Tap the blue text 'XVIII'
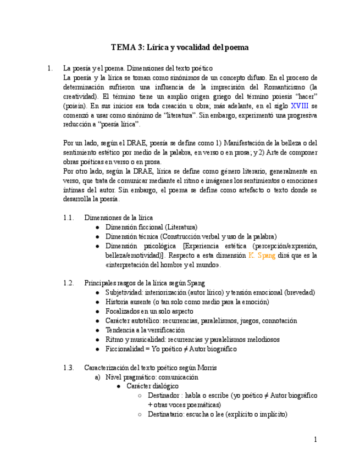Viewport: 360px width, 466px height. pyautogui.click(x=300, y=106)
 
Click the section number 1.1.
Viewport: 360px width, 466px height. pyautogui.click(x=68, y=218)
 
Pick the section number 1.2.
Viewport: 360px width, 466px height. pyautogui.click(x=68, y=283)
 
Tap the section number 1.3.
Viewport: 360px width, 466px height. pyautogui.click(x=68, y=368)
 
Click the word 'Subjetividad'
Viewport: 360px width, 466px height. pyautogui.click(x=124, y=292)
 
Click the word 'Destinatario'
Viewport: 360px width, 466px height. pyautogui.click(x=167, y=414)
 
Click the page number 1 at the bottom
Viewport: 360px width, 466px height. pyautogui.click(x=315, y=440)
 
